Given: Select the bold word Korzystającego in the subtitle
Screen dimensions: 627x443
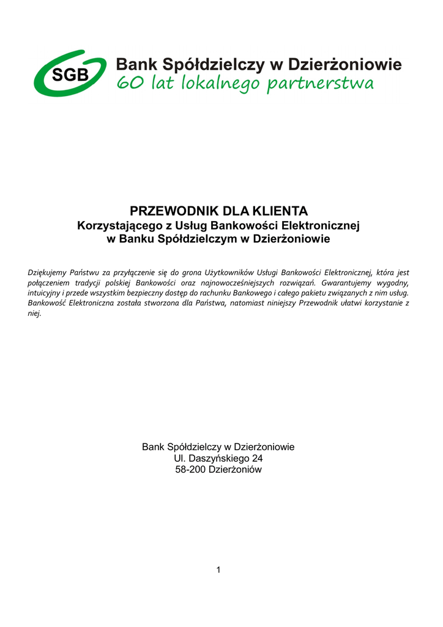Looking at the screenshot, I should [115, 226].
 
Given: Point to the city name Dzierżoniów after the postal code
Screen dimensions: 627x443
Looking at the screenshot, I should [235, 470].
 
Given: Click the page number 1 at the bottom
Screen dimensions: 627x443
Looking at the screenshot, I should [218, 570].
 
